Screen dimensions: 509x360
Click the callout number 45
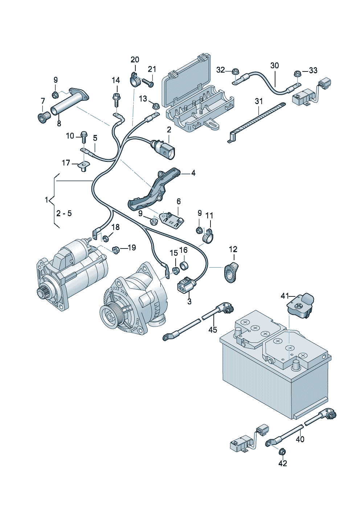(213, 329)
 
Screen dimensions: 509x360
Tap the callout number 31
(258, 101)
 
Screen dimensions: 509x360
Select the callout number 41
(285, 296)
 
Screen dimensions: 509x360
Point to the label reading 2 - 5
(64, 213)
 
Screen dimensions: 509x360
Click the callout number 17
(66, 163)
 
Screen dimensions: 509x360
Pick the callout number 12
(233, 249)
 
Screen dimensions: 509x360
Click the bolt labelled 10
(84, 137)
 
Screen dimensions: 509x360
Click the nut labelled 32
(235, 71)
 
